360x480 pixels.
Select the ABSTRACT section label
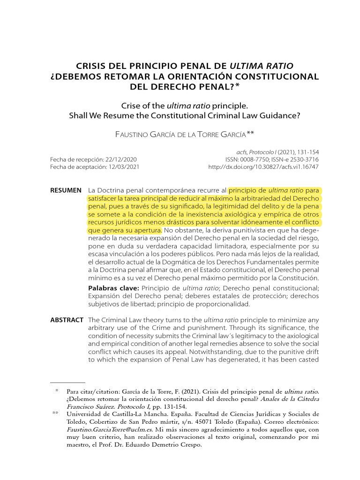coord(67,320)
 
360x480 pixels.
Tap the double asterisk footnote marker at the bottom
coord(55,414)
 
